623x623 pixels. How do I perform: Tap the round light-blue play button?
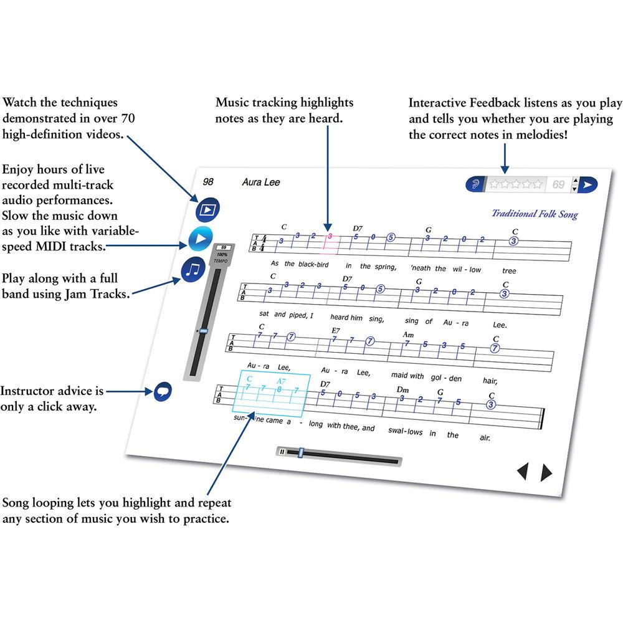pyautogui.click(x=200, y=239)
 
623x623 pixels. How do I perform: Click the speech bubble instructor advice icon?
pyautogui.click(x=162, y=392)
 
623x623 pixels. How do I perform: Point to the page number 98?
pyautogui.click(x=208, y=182)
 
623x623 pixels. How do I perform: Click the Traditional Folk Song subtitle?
pyautogui.click(x=535, y=214)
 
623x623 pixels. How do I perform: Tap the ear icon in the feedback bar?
pyautogui.click(x=477, y=184)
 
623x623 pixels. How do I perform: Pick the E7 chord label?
pyautogui.click(x=336, y=330)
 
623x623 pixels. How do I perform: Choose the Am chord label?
pyautogui.click(x=409, y=335)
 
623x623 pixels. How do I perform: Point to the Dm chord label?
pyautogui.click(x=402, y=389)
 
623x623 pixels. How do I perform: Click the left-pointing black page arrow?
pyautogui.click(x=522, y=472)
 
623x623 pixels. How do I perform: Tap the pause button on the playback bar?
pyautogui.click(x=282, y=452)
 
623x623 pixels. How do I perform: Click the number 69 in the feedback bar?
pyautogui.click(x=558, y=184)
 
